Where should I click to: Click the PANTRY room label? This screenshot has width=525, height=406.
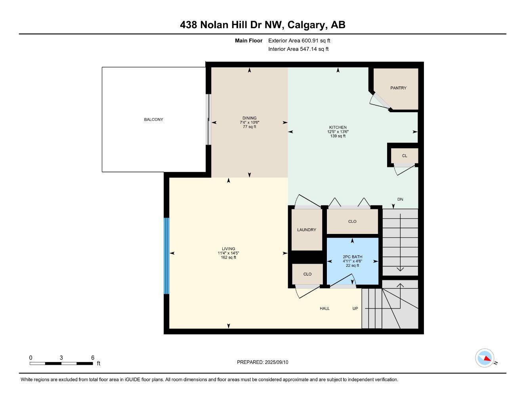pos(398,88)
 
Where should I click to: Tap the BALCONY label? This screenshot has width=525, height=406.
pos(153,119)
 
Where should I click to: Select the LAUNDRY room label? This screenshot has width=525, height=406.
pos(307,230)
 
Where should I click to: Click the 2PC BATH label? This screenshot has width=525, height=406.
pos(352,257)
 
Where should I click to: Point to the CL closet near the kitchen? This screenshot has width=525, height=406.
pos(405,155)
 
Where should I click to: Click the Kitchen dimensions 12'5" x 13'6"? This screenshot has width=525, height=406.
pos(338,132)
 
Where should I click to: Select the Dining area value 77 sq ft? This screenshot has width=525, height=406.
pos(249,127)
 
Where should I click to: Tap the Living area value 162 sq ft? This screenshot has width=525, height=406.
pos(228,257)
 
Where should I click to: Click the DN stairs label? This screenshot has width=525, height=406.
pos(400,199)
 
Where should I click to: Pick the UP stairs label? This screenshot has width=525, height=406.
pos(355,308)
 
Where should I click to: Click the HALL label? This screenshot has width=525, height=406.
pos(325,308)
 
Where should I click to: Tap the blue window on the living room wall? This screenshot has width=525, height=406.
pos(166,256)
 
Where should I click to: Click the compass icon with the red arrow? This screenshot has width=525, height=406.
pos(484,358)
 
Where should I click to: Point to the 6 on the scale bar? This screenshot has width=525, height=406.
pos(92,358)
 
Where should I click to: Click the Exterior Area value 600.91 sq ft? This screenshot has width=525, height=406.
pos(316,40)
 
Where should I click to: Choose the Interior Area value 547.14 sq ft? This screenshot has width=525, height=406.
pos(314,49)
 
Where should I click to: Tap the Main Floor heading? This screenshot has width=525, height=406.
pos(248,40)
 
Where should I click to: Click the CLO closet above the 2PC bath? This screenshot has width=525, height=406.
pos(352,221)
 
